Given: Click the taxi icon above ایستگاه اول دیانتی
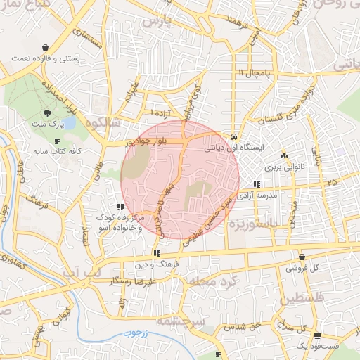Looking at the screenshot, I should click(233, 136).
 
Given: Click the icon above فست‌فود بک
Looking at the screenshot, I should click(317, 335).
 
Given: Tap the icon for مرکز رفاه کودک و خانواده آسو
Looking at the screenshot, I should click(121, 207).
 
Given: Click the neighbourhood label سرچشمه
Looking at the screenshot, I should click(200, 319).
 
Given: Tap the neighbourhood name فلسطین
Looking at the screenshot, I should click(304, 299).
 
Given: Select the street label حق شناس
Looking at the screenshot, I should click(245, 326).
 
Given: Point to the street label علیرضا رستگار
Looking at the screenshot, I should click(133, 281).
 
